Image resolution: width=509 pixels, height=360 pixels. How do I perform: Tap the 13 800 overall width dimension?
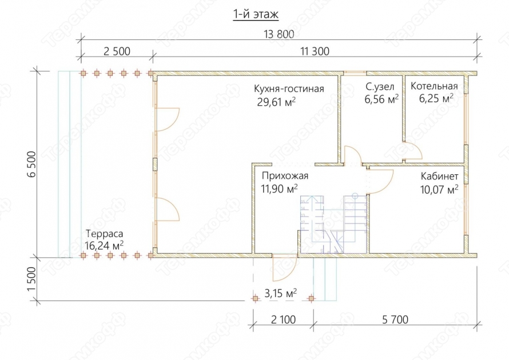coord(279,34)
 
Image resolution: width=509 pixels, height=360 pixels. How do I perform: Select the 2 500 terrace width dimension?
coord(117,51)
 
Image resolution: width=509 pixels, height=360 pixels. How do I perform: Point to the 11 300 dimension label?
coord(314,51)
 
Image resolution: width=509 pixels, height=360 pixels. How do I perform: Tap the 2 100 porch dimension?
coord(282,319)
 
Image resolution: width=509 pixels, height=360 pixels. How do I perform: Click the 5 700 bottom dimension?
coord(394,319)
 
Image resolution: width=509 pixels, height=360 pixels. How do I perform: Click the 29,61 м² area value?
coord(280,102)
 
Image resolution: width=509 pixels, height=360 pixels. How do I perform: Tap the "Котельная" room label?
coord(434,87)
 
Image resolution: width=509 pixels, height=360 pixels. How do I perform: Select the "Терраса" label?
coord(104,233)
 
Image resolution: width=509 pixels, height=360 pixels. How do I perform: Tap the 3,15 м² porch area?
coord(280,294)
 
